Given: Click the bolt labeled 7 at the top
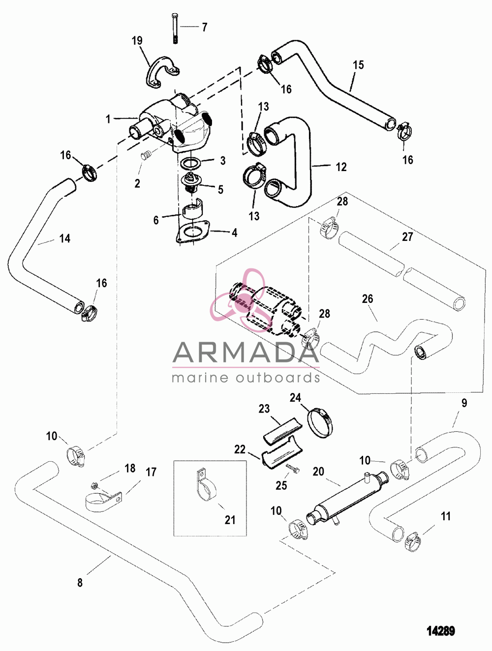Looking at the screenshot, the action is coord(175,29).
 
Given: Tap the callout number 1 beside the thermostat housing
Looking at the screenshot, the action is coord(108,119).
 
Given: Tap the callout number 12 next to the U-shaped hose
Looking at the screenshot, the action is coord(341,167).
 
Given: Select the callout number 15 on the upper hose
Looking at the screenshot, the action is coord(358,65).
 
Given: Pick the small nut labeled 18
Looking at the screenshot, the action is coord(93,486).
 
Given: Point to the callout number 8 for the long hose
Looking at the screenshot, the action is coord(80,583).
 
